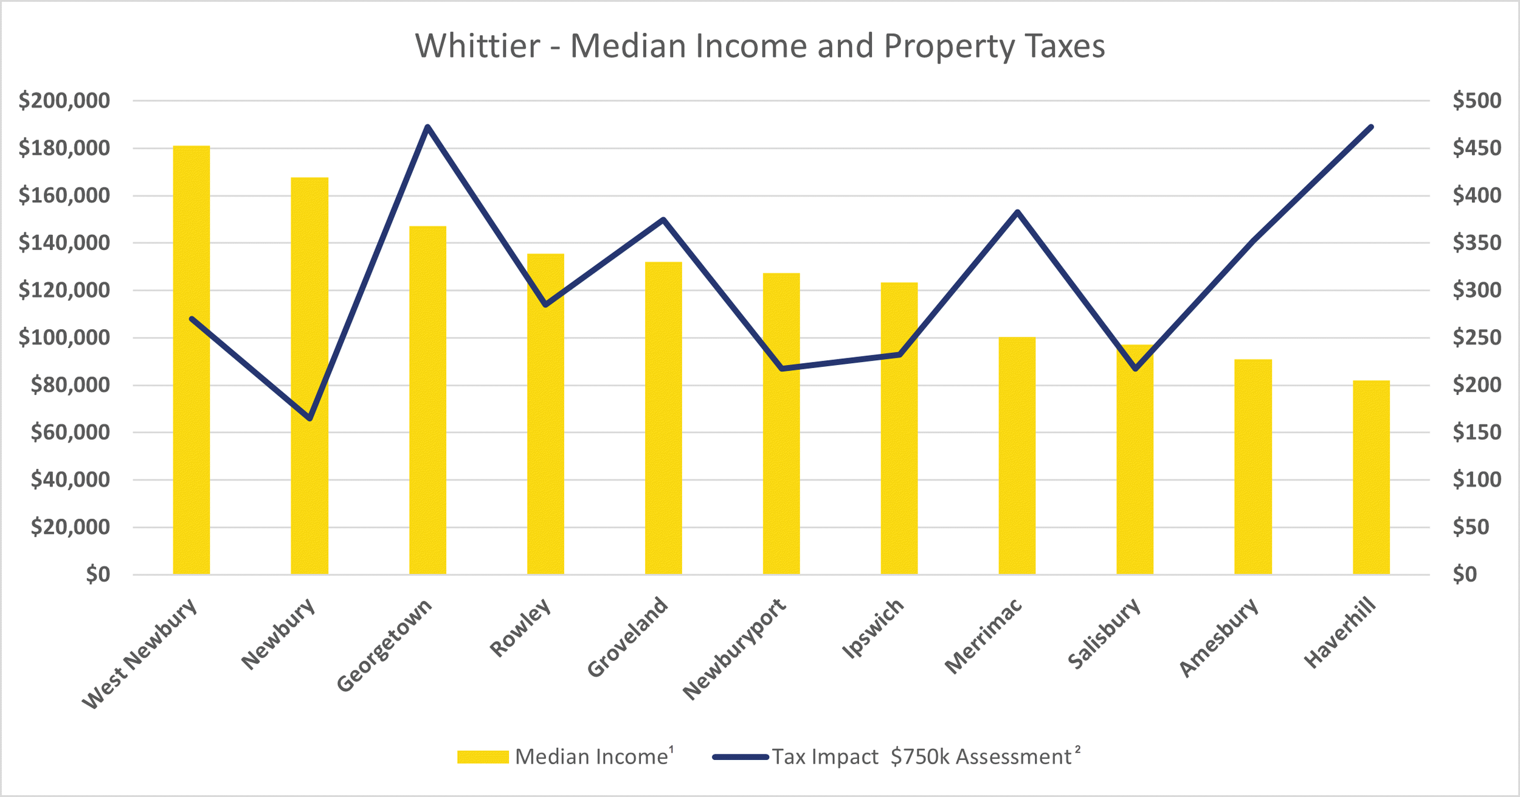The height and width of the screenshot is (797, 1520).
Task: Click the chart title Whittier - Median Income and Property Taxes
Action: click(x=760, y=46)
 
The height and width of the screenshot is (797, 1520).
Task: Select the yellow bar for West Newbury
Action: click(x=192, y=365)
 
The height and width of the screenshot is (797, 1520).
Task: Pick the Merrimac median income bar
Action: click(x=1017, y=456)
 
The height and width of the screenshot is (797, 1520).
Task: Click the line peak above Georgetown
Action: click(x=427, y=127)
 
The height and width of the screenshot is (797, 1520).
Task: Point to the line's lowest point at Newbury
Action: click(x=309, y=419)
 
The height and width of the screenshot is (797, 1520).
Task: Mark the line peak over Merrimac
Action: click(x=1017, y=212)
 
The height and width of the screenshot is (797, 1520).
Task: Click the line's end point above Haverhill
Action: click(x=1372, y=127)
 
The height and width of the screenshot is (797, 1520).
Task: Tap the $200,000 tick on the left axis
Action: click(x=64, y=100)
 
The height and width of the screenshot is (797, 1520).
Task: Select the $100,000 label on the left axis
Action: click(x=64, y=338)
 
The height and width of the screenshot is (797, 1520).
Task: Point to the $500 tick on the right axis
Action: click(x=1477, y=100)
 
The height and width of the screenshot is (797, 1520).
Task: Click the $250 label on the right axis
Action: click(x=1477, y=338)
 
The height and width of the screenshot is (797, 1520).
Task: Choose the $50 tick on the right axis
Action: click(x=1471, y=527)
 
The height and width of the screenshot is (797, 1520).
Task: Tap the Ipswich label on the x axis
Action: click(x=872, y=629)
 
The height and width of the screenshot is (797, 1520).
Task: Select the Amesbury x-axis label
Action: click(x=1218, y=638)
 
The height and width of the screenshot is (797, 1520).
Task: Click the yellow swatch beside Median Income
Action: click(x=483, y=757)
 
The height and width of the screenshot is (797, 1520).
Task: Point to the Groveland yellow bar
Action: click(x=663, y=420)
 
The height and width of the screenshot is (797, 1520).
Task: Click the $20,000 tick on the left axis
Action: click(x=71, y=527)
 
